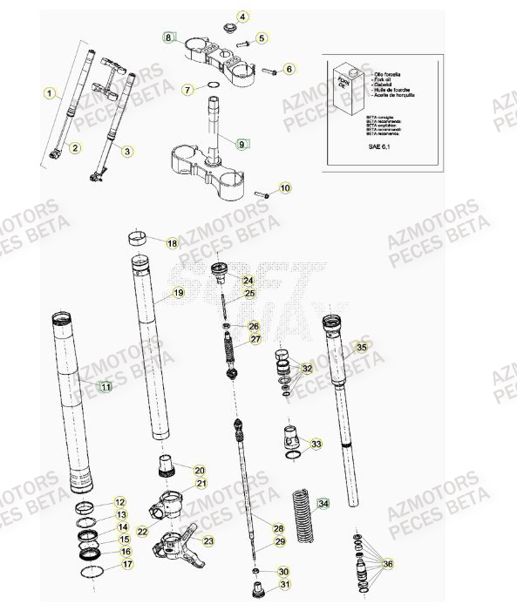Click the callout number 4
tap(243, 16)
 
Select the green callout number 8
tap(169, 37)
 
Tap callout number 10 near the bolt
tap(285, 187)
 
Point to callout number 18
tap(172, 243)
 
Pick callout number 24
tap(248, 281)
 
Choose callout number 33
tap(316, 444)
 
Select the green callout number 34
tap(324, 503)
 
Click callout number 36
tap(387, 564)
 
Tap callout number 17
tap(127, 564)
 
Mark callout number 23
tap(207, 541)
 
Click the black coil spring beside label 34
tap(299, 510)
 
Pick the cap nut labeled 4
tap(231, 28)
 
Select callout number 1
tap(50, 92)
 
